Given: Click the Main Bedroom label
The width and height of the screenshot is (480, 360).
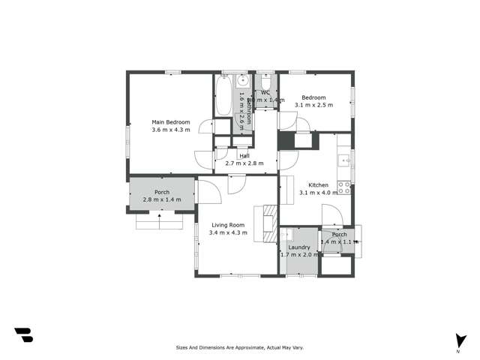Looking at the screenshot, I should pos(171,121).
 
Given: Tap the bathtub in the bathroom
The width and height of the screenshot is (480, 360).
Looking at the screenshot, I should pos(224,96).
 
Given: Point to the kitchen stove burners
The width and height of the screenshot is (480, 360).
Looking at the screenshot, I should pos(345,187).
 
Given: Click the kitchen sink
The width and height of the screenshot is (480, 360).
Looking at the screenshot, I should pos(344,159).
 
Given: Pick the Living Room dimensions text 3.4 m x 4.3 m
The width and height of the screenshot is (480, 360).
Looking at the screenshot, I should pos(228,232).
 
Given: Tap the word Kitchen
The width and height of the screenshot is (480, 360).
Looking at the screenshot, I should pos(319,184).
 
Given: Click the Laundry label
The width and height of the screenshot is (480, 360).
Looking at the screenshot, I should pos(299,247).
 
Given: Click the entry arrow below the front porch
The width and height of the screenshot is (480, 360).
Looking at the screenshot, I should pos(160,219).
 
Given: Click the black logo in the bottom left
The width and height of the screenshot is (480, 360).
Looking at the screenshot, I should pos(23,335).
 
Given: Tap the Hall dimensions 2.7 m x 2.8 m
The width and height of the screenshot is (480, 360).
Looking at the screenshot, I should pos(244,163).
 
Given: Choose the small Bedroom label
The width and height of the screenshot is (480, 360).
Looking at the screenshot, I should pos(313,97).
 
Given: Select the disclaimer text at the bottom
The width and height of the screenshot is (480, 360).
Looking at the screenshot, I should pos(239,348).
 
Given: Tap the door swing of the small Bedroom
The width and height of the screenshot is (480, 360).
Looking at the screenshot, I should pos(288,120).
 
